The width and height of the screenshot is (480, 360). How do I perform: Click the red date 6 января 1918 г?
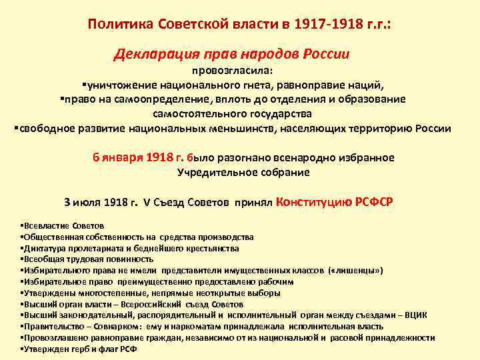(x=138, y=158)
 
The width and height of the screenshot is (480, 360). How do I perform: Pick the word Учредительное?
(x=210, y=172)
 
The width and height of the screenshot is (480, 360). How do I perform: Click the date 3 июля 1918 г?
(x=101, y=203)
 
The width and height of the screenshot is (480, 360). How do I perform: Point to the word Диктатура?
(x=43, y=248)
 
